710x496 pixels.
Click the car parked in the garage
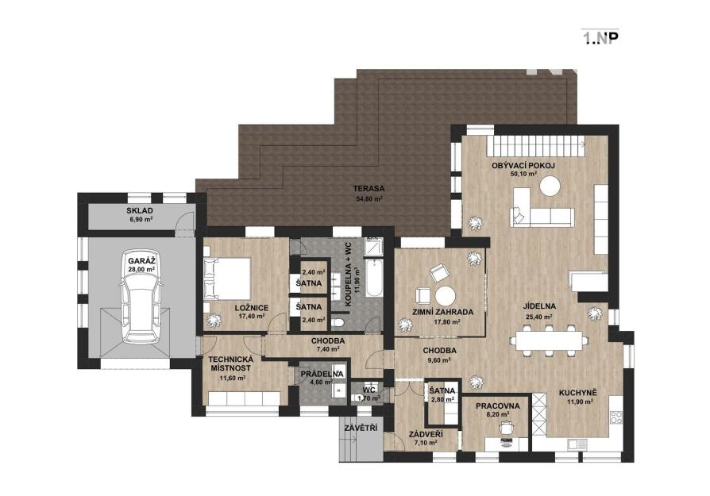pyautogui.click(x=141, y=297)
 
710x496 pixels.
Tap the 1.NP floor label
pyautogui.click(x=600, y=38)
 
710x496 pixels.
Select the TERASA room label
pyautogui.click(x=369, y=188)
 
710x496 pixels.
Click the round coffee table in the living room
pyautogui.click(x=550, y=186)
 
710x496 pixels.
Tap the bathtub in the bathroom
pyautogui.click(x=373, y=278)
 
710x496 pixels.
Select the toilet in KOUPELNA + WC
pyautogui.click(x=338, y=323)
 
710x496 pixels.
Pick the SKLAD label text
pyautogui.click(x=140, y=210)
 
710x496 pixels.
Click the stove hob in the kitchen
pyautogui.click(x=615, y=417)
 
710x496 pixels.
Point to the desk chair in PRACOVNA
pyautogui.click(x=506, y=427)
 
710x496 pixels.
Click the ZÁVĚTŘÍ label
pyautogui.click(x=361, y=428)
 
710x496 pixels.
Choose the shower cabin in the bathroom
pyautogui.click(x=373, y=247)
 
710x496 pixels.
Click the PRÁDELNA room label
pyautogui.click(x=322, y=375)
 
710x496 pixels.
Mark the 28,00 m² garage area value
pyautogui.click(x=141, y=269)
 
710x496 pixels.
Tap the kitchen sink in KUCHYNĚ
pyautogui.click(x=574, y=444)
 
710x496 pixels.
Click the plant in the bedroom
pyautogui.click(x=213, y=320)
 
